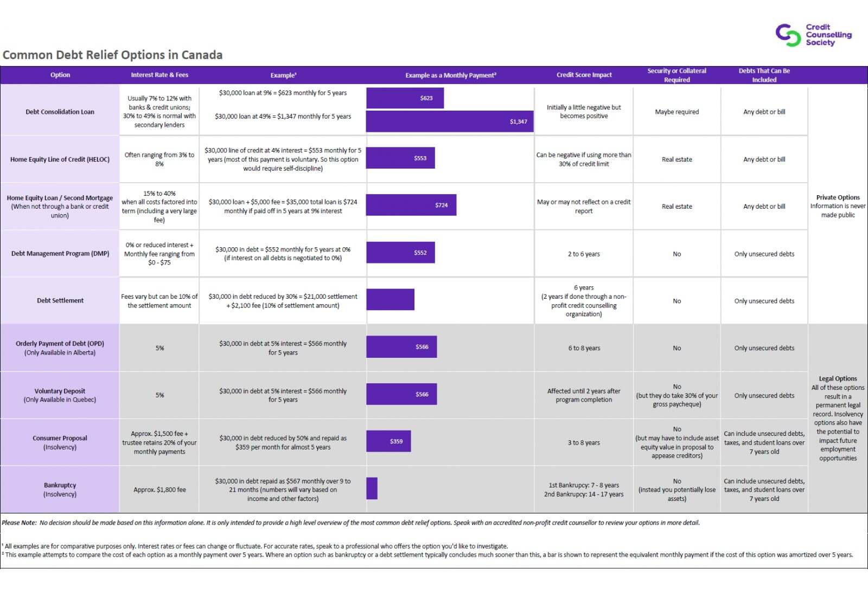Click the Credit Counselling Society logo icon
788,35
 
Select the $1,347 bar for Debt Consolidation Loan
450,121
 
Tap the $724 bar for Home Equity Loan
411,205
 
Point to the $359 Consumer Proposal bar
388,441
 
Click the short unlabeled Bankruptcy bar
372,488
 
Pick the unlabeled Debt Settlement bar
390,299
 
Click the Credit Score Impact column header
584,75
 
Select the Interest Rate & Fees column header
159,75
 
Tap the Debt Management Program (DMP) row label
60,254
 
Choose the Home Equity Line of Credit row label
60,159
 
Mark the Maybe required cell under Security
676,112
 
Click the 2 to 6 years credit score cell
584,254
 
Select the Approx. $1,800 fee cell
159,490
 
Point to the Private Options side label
838,197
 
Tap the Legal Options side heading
838,378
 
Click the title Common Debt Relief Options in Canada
113,55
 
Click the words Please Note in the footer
19,523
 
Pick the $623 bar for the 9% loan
405,98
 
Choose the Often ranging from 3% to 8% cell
159,159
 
